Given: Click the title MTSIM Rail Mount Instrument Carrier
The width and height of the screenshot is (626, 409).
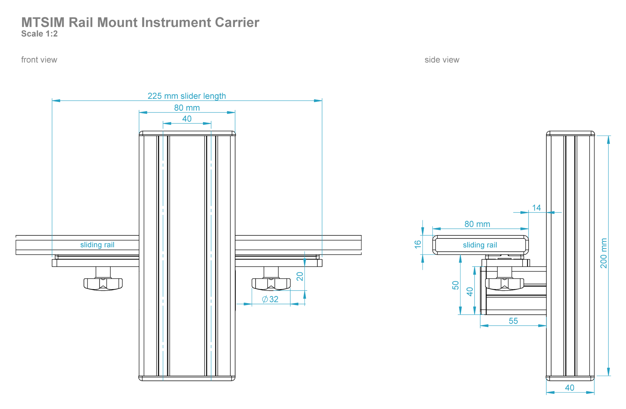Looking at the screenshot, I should coord(140,23).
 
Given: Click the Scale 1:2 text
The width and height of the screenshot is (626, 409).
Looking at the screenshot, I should coord(39,34).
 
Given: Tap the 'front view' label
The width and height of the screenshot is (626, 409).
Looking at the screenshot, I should coord(39,60).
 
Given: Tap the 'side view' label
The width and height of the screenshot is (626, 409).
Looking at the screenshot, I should coord(442,60).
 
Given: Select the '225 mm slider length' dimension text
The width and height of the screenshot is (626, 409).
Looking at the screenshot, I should coord(186,96).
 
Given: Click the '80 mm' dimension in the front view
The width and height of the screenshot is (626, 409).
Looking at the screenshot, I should coord(187,108).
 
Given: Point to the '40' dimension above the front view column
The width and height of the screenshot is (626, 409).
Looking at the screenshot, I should coord(187,119).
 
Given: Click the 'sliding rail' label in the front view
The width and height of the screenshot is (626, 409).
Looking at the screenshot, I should coord(97,245).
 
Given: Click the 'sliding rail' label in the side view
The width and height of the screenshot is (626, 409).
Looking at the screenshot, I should coord(480,245).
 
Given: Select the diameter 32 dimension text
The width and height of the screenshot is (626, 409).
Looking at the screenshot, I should coord(270,299).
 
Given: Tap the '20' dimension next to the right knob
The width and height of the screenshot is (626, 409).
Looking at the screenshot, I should coord(300,276).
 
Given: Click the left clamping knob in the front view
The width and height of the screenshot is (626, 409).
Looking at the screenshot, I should coord(103,284).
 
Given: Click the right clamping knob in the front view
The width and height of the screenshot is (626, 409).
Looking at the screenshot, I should coord(271,284).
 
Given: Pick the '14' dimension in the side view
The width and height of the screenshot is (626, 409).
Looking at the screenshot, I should coord(536,208).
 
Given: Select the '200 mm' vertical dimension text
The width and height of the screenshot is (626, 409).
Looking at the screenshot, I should coord(603,253).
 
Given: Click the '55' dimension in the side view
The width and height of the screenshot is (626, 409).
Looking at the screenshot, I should coord(513,321).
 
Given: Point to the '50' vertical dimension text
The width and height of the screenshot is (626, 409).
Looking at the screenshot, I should coord(455,285).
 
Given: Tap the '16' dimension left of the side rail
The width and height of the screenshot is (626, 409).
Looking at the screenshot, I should coord(418,244).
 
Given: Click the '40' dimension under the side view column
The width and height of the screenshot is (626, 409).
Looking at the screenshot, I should coord(569,388).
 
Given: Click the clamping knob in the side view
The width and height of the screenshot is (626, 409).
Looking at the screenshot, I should coord(504,284).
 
